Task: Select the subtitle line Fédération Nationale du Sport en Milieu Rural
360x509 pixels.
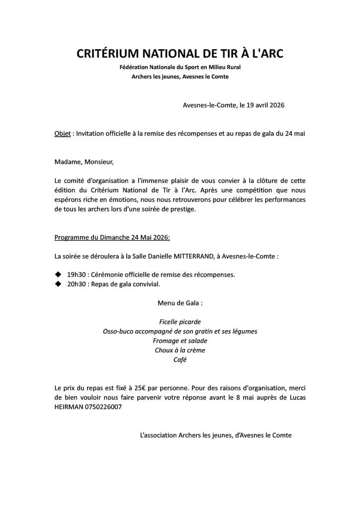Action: point(180,67)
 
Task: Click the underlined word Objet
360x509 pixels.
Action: point(62,134)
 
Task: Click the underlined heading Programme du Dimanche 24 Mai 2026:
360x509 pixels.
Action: point(112,238)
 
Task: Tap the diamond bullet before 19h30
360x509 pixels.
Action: point(57,274)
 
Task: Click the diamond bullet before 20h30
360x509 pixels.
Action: point(57,284)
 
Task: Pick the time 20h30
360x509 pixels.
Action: point(77,284)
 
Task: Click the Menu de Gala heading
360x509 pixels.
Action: point(180,303)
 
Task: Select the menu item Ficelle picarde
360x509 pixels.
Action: point(180,322)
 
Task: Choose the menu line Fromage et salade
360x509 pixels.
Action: point(180,340)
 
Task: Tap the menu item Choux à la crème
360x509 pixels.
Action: point(180,350)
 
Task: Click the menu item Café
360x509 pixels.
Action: point(180,359)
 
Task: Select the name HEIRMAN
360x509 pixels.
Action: point(69,407)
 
